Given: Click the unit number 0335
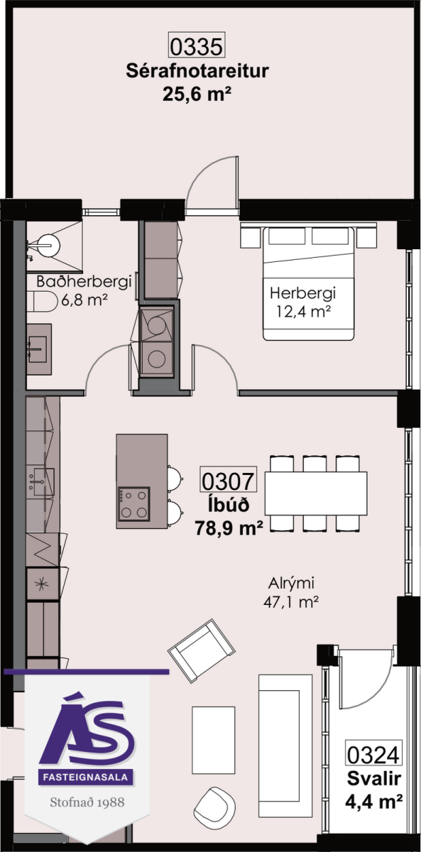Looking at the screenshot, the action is pos(197,46).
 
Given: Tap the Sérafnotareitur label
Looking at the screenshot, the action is pos(197,71).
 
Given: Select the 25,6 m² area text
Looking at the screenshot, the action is pos(197,94).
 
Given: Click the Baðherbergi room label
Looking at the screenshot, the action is pos(84,282).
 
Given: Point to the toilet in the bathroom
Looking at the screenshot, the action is pos(42,301).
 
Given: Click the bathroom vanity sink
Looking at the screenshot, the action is pos(39,349).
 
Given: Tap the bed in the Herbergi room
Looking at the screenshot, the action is pos(309,283).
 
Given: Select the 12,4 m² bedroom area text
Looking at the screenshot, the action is pos(302,312).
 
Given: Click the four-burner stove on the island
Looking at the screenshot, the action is pos(134,503).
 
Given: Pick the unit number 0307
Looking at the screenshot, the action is pos(228,481).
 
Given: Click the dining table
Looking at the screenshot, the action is pos(316,493).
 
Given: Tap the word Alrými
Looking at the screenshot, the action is pos(291,584).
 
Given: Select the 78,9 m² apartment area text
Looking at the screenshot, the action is pos(229,528).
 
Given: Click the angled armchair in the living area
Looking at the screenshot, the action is pos(202,651).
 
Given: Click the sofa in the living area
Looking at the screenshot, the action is pos(285,745).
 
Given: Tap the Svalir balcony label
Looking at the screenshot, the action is pos(374,779).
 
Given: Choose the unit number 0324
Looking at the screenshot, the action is pos(373,755).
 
